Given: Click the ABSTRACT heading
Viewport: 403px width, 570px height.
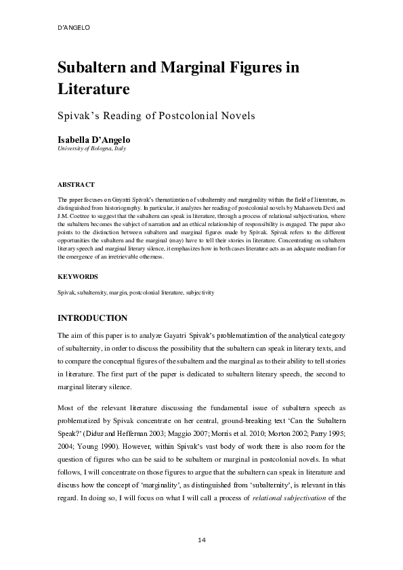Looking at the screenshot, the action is point(76,184).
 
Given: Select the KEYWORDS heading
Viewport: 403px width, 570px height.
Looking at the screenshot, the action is point(78,276).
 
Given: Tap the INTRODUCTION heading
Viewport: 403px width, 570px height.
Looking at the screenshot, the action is point(92,317).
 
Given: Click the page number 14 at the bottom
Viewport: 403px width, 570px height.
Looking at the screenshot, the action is point(201,540).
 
